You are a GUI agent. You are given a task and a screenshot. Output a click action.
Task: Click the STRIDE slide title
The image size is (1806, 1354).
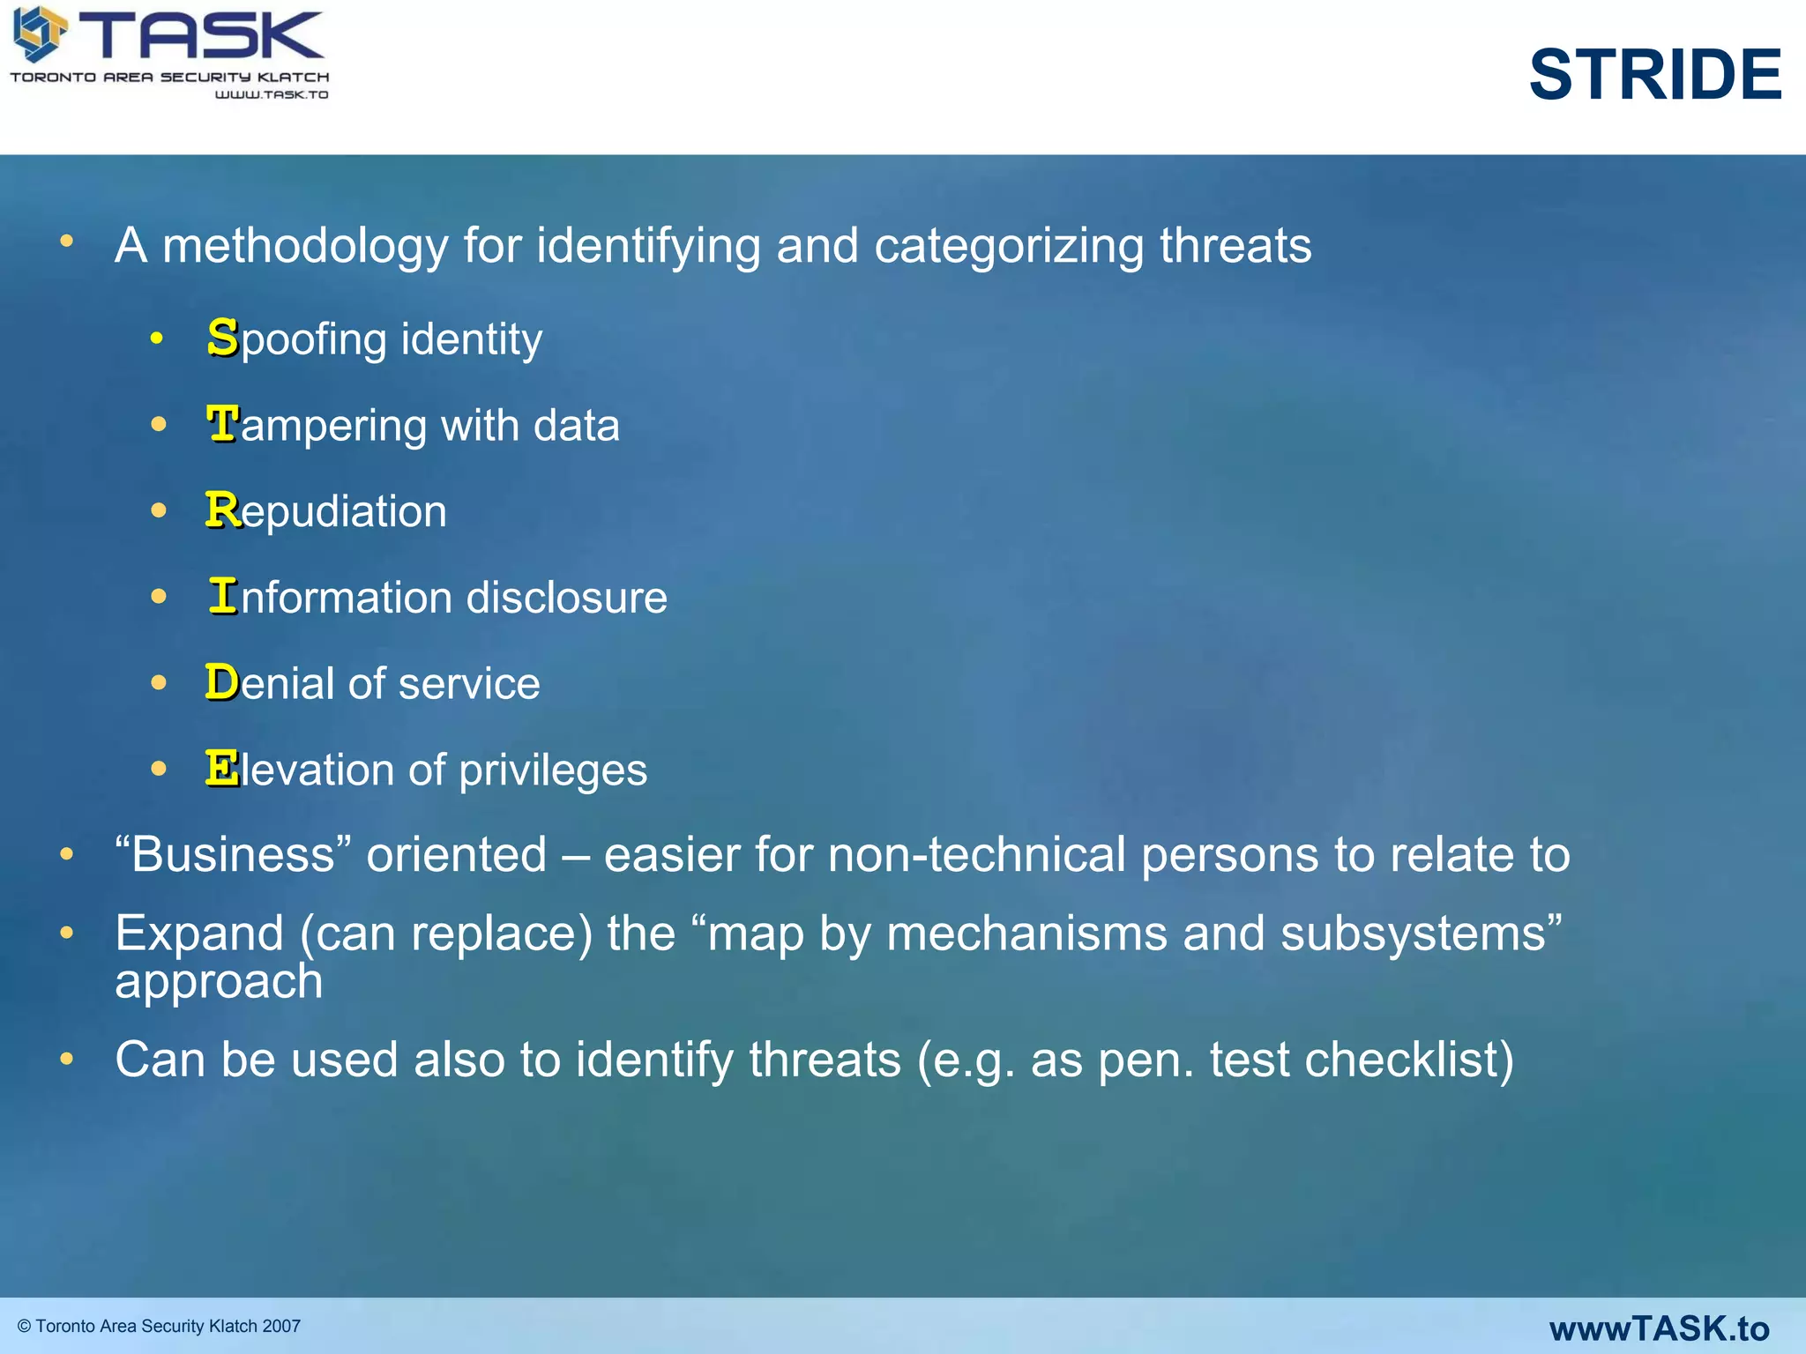point(1654,75)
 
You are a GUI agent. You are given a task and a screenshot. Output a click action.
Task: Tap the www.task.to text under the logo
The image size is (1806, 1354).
point(272,94)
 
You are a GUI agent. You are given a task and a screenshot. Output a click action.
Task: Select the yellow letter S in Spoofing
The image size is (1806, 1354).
point(223,338)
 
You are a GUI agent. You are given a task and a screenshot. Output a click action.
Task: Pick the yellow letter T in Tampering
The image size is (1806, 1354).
point(222,424)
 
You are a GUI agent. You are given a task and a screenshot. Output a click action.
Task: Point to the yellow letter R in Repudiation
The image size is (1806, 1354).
point(222,510)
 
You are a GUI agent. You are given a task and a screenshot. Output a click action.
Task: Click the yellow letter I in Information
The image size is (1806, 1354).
point(223,596)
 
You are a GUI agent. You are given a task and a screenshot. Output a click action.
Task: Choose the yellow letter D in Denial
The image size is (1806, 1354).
point(222,682)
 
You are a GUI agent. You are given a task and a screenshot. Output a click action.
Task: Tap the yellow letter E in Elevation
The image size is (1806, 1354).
point(222,768)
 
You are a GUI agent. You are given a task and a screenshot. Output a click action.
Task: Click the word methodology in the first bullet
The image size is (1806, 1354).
point(305,246)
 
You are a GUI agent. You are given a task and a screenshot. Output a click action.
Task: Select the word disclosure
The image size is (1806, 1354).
point(566,598)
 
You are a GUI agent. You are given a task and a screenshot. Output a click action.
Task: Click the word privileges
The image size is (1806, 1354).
point(553,770)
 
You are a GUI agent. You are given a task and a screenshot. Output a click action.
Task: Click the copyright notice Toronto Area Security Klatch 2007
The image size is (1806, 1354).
point(160,1326)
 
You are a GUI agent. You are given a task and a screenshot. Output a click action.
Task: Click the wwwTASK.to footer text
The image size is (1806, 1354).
point(1659,1328)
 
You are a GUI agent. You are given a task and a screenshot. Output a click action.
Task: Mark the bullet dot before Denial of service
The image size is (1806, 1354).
point(159,682)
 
